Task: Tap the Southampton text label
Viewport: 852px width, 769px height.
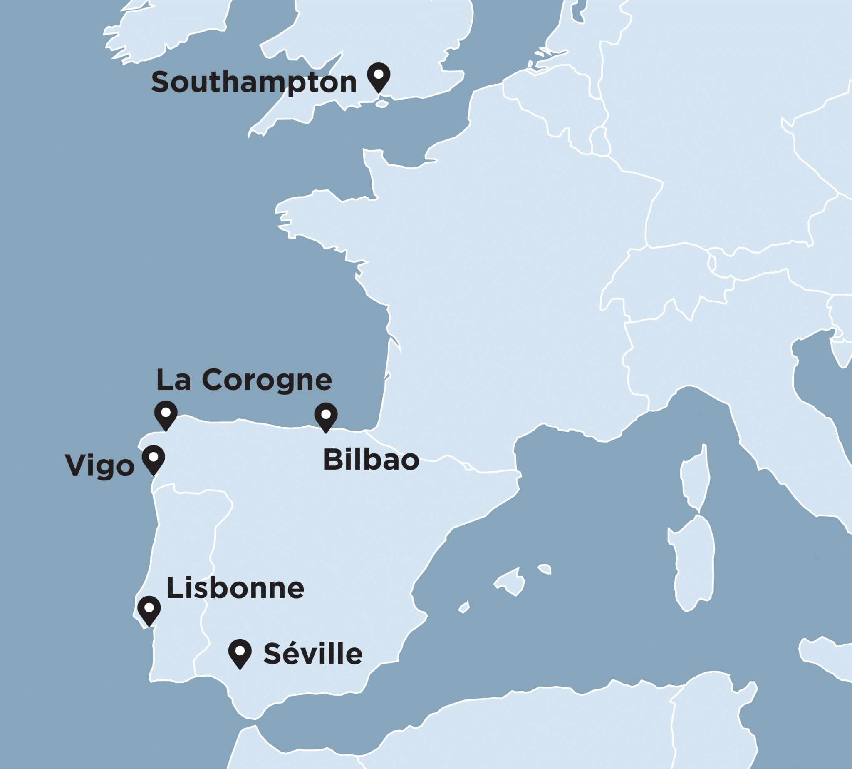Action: pyautogui.click(x=254, y=82)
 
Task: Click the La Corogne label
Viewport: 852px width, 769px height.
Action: pyautogui.click(x=244, y=380)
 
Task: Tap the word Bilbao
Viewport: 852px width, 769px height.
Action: pyautogui.click(x=371, y=460)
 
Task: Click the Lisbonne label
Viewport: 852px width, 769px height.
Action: pyautogui.click(x=235, y=588)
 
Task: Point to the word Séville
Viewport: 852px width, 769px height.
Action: pyautogui.click(x=313, y=654)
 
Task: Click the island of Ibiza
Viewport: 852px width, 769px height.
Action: pyautogui.click(x=464, y=607)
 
